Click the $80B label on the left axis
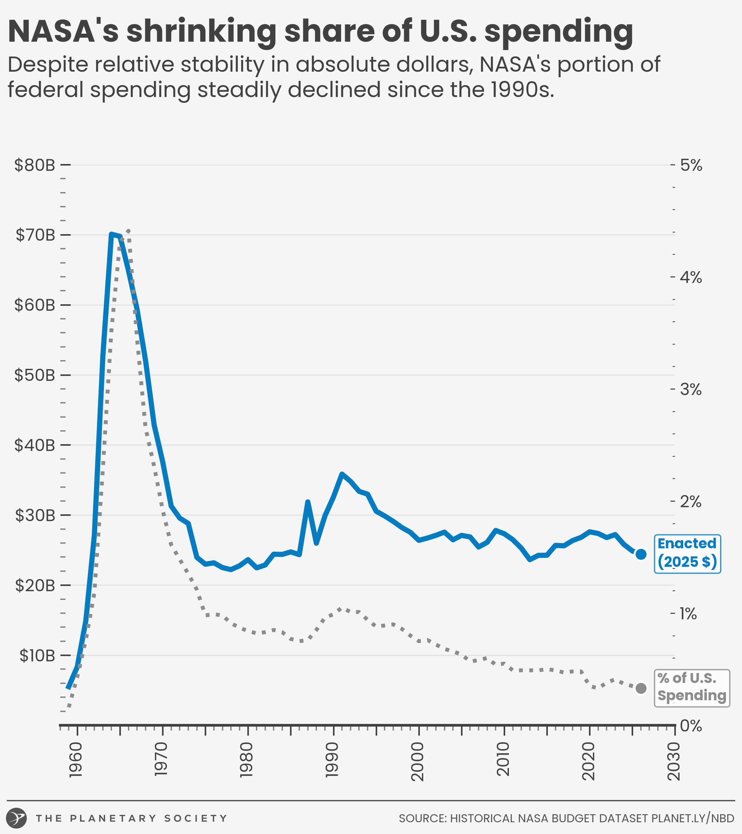click(35, 165)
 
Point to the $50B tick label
click(35, 375)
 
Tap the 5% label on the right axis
click(691, 165)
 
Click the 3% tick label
click(691, 390)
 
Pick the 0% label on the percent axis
click(691, 726)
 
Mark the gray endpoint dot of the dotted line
click(641, 688)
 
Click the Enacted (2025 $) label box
click(687, 554)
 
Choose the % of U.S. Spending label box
click(692, 688)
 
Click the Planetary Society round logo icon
click(17, 818)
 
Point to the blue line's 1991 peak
click(342, 474)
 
